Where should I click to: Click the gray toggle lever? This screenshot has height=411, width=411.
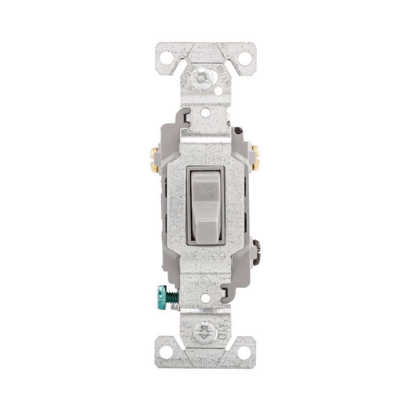pos(205,205)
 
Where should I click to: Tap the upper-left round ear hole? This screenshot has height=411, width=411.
pos(166,58)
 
